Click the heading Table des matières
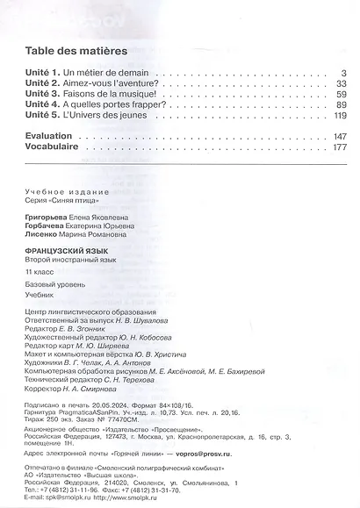tap(76, 51)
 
